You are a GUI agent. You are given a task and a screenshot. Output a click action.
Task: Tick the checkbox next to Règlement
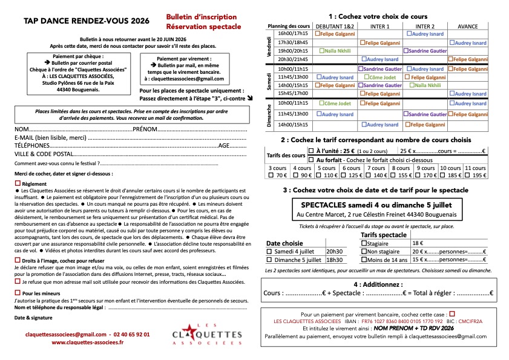pos(17,183)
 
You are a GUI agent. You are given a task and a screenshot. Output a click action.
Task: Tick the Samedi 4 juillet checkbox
pos(271,251)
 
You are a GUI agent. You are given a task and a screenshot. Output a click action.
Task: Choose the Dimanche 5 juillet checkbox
pos(271,260)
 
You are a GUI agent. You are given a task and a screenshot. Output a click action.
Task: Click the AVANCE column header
pos(467,27)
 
